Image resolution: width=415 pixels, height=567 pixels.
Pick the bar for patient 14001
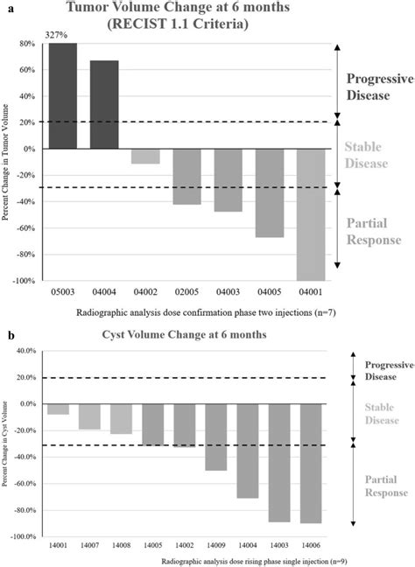point(59,409)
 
